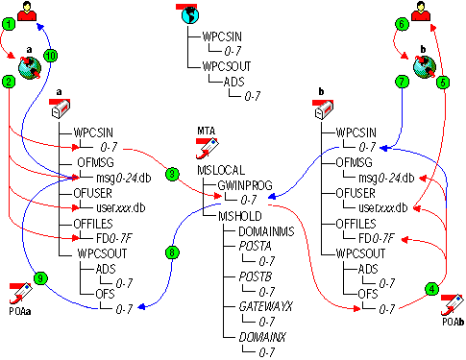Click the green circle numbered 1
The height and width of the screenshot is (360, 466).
9,22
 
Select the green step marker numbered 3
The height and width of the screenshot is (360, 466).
172,174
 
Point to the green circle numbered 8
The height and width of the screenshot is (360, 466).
172,254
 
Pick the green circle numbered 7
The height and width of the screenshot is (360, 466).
403,83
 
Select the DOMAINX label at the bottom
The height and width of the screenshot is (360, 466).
260,336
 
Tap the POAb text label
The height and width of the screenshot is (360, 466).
453,320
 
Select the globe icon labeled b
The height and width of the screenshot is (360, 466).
424,65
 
